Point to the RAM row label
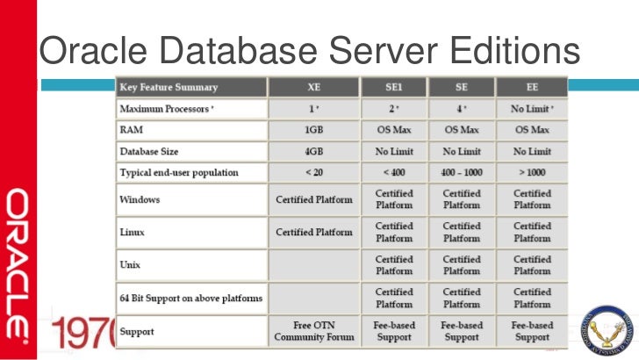coord(132,130)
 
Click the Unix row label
coord(131,263)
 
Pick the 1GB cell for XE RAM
coord(313,130)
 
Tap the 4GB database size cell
coord(313,151)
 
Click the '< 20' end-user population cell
coord(313,172)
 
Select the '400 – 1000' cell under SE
coord(462,172)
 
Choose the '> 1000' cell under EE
coord(531,172)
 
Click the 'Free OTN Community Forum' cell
coord(313,331)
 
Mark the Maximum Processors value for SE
coord(462,109)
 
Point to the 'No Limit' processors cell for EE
coord(531,109)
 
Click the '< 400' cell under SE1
coord(393,172)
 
